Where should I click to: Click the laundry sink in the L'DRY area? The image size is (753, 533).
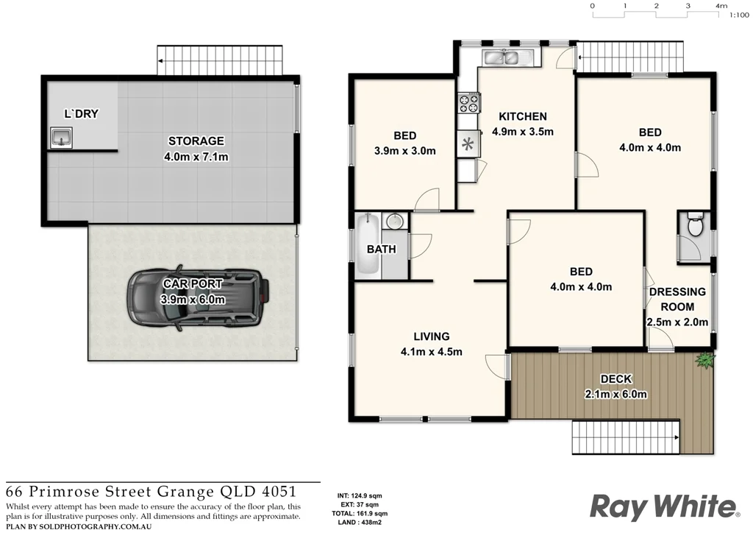click(62, 137)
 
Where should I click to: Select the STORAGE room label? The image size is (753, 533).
click(196, 141)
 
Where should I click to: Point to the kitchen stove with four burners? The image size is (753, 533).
click(468, 102)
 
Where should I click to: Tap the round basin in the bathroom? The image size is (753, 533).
click(395, 221)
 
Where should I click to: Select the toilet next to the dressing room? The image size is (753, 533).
click(693, 224)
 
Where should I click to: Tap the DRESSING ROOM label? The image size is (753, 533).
click(677, 299)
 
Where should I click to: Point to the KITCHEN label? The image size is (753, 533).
click(522, 116)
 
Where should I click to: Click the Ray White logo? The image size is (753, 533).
click(664, 507)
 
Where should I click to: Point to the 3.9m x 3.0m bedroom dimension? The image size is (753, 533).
click(404, 151)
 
